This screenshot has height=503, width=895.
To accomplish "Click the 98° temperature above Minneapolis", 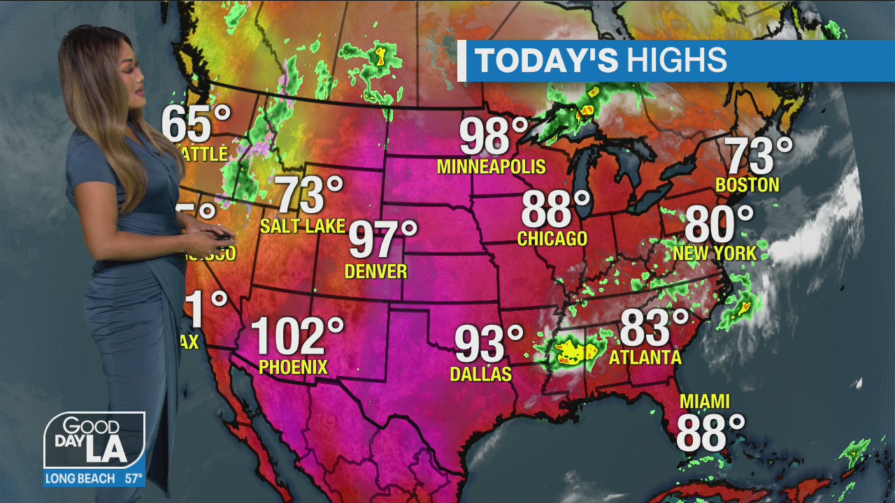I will pos(494,137).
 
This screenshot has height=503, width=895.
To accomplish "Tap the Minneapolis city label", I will pos(491,167).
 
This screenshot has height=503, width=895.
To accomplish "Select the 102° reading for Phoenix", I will pos(297,336).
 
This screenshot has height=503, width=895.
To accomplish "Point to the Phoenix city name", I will pos(293,367).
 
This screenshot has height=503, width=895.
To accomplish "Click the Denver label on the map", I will pos(375,271).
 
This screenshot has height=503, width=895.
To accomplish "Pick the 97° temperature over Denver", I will pos(382,240).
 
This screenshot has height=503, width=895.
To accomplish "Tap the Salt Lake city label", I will pos(303,226).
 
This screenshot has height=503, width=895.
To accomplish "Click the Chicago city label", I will pos(552,239).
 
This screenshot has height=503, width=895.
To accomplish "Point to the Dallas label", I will pos(481,374).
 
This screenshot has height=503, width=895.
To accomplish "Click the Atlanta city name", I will pos(645,358).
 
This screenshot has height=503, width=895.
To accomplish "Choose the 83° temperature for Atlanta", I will pos(654,328).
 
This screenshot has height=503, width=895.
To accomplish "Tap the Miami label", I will pos(705,402).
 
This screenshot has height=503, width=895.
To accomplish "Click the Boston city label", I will pos(747,185).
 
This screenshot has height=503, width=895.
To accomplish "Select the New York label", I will pos(715,253).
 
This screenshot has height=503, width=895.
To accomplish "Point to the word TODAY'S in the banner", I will pos(547,61).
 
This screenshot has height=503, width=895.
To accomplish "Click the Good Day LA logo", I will pos(94,441).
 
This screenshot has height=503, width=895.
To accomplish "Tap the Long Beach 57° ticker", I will pos(94,479).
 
